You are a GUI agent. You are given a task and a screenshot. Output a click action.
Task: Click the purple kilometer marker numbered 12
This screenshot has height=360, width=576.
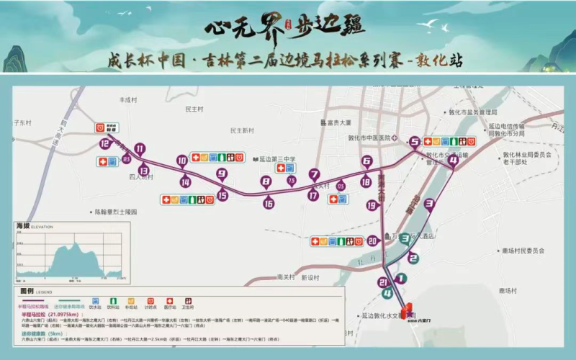[x=104, y=143]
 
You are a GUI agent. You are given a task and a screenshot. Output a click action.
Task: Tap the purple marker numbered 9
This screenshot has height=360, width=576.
[x=222, y=174]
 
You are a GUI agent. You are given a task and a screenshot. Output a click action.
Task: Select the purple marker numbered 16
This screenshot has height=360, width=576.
[x=269, y=204]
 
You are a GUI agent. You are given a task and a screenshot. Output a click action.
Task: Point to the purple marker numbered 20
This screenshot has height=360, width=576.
[x=372, y=241]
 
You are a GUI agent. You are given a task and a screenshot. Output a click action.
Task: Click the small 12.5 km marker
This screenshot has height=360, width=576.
[x=127, y=158]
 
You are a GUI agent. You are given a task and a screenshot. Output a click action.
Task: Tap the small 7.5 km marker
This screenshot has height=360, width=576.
[x=292, y=180]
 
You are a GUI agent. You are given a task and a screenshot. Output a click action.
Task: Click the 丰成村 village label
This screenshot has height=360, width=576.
[x=128, y=100]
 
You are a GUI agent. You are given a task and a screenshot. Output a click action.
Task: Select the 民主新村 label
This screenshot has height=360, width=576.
[x=243, y=131]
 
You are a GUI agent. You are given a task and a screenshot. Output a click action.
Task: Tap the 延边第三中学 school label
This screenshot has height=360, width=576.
[x=277, y=160]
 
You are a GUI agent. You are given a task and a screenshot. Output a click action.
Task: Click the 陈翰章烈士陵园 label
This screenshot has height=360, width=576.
[x=116, y=212]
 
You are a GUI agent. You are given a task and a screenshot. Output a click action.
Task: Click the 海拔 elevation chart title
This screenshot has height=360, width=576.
[x=24, y=227]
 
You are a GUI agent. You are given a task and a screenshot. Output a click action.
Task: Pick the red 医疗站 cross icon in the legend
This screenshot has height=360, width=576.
[x=169, y=300]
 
